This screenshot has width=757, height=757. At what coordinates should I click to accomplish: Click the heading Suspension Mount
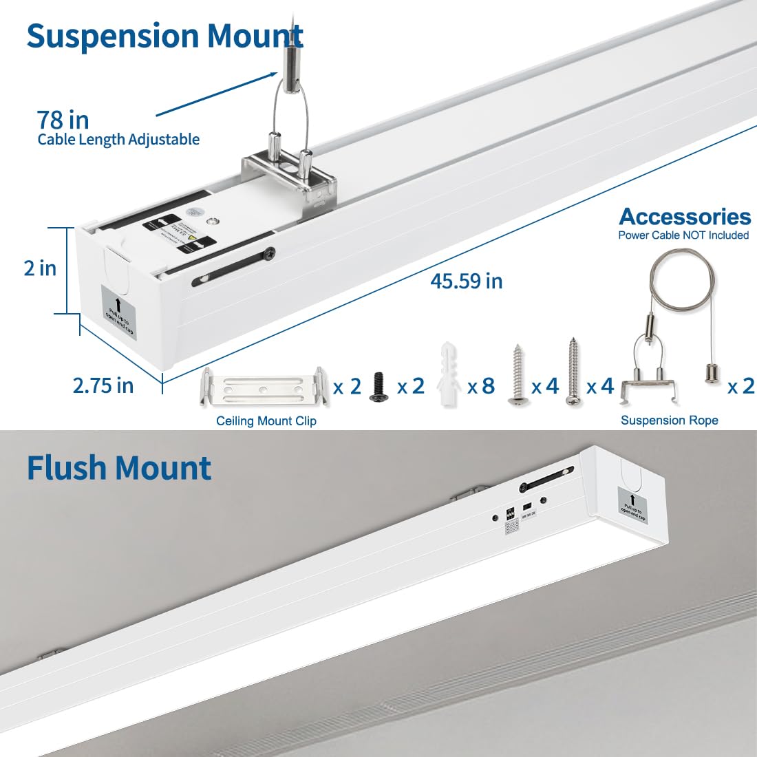165,36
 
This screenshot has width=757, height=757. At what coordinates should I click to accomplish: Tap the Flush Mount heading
118,468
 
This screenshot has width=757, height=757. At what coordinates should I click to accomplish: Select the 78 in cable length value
63,120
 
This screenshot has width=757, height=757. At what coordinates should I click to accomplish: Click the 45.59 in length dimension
466,281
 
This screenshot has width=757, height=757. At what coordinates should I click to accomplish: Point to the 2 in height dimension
40,268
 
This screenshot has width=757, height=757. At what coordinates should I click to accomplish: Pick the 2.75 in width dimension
103,385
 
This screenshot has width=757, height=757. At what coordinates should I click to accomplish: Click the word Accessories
685,216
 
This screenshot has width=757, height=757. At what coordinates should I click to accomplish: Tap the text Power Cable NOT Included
683,235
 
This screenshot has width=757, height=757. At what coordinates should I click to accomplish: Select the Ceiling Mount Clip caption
266,420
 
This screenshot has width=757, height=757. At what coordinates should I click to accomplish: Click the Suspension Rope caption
669,420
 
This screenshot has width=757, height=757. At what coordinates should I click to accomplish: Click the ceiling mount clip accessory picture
264,390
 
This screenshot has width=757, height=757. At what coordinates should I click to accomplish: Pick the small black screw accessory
378,387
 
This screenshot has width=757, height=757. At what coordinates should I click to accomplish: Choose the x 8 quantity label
481,387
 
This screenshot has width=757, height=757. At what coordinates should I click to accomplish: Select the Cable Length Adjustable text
118,140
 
